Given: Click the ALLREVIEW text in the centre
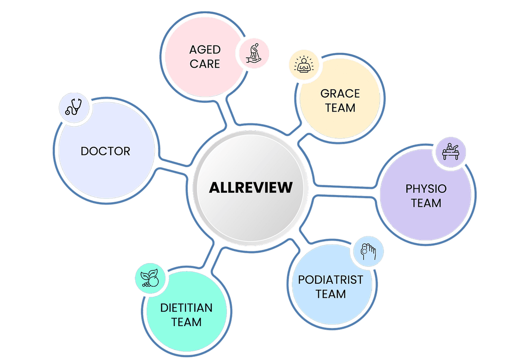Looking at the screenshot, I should (250, 187).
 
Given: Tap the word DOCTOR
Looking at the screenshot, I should (105, 151).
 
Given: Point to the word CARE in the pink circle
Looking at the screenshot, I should (205, 64).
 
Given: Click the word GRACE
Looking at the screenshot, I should (340, 94).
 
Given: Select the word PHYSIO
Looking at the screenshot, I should (426, 189).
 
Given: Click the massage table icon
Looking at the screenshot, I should (451, 151).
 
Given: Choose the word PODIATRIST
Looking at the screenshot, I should (330, 280).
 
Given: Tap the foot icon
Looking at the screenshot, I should (369, 252).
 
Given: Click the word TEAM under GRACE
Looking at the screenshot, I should (340, 108).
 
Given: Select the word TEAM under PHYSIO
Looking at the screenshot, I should (426, 203).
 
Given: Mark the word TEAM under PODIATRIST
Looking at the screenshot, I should (330, 294).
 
